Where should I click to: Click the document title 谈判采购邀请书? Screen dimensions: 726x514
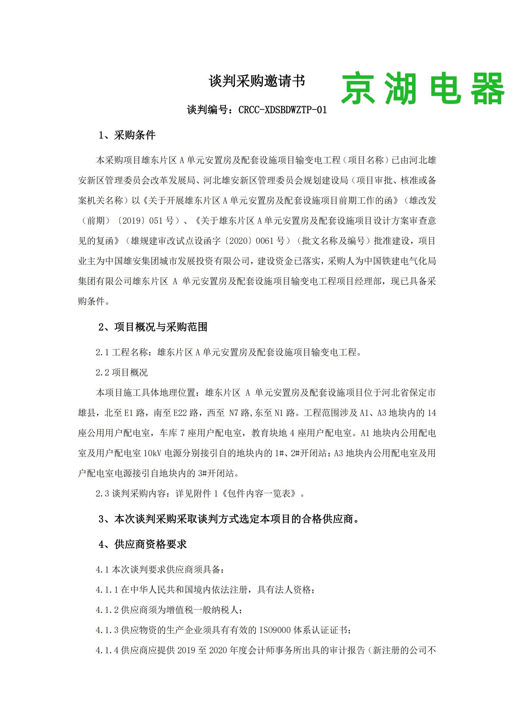257,81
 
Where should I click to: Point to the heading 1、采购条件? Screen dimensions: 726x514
127,135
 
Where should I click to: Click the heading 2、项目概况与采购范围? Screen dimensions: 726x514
153,327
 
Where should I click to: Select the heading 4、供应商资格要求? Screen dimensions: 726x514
142,544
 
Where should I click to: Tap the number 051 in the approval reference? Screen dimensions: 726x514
156,221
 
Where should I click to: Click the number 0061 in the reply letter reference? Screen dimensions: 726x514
264,241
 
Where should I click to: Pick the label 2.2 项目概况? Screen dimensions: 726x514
122,372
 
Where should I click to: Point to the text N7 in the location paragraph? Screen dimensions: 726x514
234,413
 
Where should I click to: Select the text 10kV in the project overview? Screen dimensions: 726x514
153,453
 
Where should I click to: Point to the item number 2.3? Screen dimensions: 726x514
103,494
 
